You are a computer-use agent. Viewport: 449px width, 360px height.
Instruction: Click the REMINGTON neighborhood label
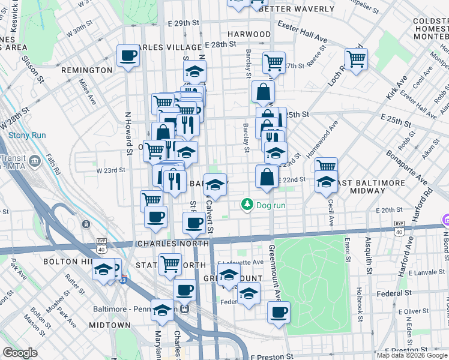click(86, 70)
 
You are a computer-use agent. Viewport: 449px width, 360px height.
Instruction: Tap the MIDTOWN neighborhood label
click(109, 325)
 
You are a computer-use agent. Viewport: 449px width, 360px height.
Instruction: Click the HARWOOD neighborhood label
click(250, 34)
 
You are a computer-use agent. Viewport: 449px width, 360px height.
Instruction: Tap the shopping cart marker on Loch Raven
click(356, 59)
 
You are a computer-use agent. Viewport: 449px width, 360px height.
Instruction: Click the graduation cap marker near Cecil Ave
click(326, 182)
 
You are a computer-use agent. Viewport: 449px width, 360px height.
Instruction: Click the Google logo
click(20, 353)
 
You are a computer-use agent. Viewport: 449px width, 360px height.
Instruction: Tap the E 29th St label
click(183, 23)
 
